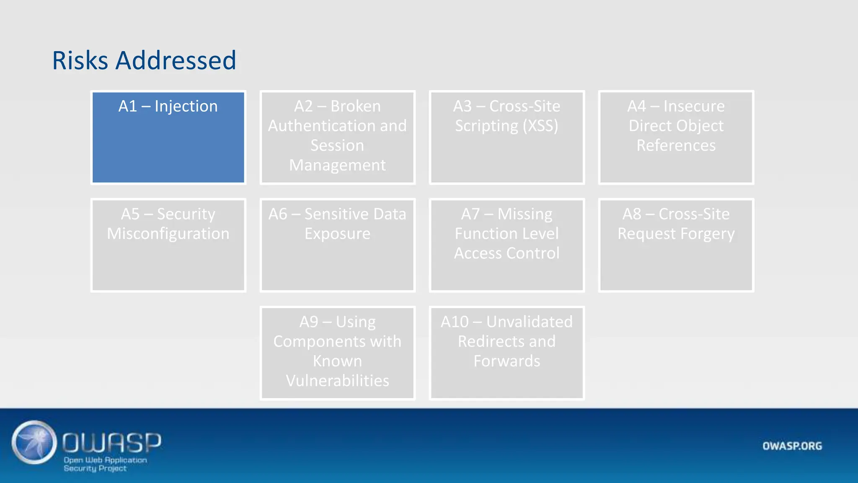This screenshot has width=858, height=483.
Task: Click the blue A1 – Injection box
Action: (168, 138)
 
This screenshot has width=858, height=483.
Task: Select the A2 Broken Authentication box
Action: (337, 138)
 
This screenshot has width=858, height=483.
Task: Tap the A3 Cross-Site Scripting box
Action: (507, 138)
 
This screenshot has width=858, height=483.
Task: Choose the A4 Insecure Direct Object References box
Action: (676, 138)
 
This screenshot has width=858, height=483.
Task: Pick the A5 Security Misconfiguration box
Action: (168, 245)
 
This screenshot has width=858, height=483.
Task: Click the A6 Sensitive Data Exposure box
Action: (337, 245)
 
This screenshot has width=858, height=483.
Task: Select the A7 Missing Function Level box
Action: (507, 245)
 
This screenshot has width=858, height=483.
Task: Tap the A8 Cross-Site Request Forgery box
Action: (676, 245)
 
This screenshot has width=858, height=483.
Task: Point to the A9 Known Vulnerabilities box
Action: (337, 353)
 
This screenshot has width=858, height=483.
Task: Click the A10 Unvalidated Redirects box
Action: (507, 353)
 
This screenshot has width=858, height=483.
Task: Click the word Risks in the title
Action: (80, 60)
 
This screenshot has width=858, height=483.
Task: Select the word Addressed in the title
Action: (176, 60)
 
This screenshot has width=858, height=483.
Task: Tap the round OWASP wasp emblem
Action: (34, 442)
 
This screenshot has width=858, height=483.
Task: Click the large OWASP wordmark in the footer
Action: (111, 443)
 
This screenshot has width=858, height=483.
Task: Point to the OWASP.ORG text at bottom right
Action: (792, 446)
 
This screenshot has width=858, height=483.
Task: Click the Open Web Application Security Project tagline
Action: (105, 464)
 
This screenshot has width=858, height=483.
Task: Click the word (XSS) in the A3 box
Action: (540, 126)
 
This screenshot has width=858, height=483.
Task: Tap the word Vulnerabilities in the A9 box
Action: (337, 381)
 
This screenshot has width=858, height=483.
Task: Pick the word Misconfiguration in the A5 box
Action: (168, 234)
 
